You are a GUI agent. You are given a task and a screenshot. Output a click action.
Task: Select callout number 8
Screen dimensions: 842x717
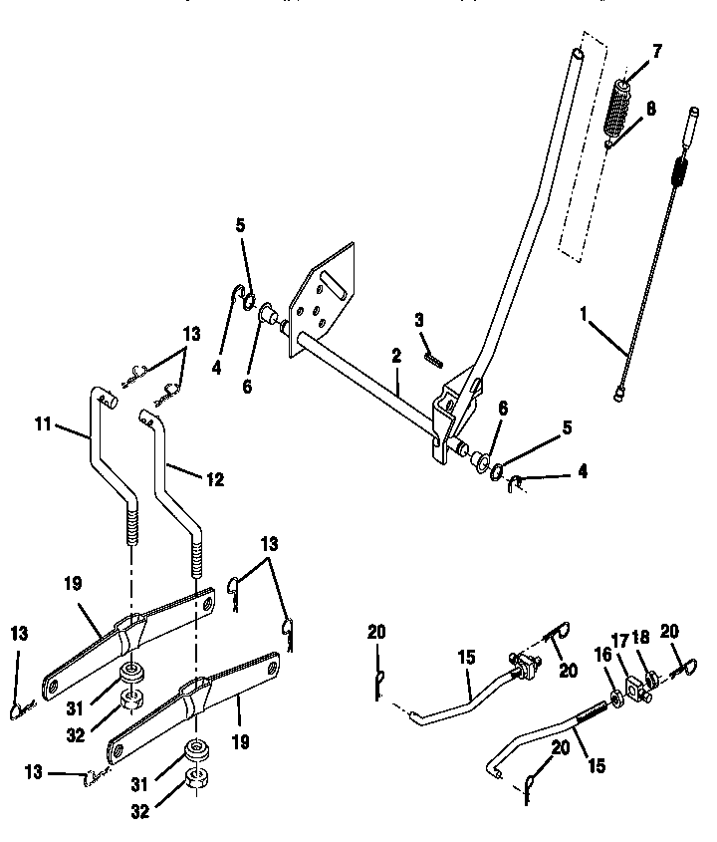650,109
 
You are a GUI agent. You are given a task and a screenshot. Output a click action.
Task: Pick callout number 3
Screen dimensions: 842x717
420,320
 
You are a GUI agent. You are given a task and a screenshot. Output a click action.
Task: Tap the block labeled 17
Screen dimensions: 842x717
635,689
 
